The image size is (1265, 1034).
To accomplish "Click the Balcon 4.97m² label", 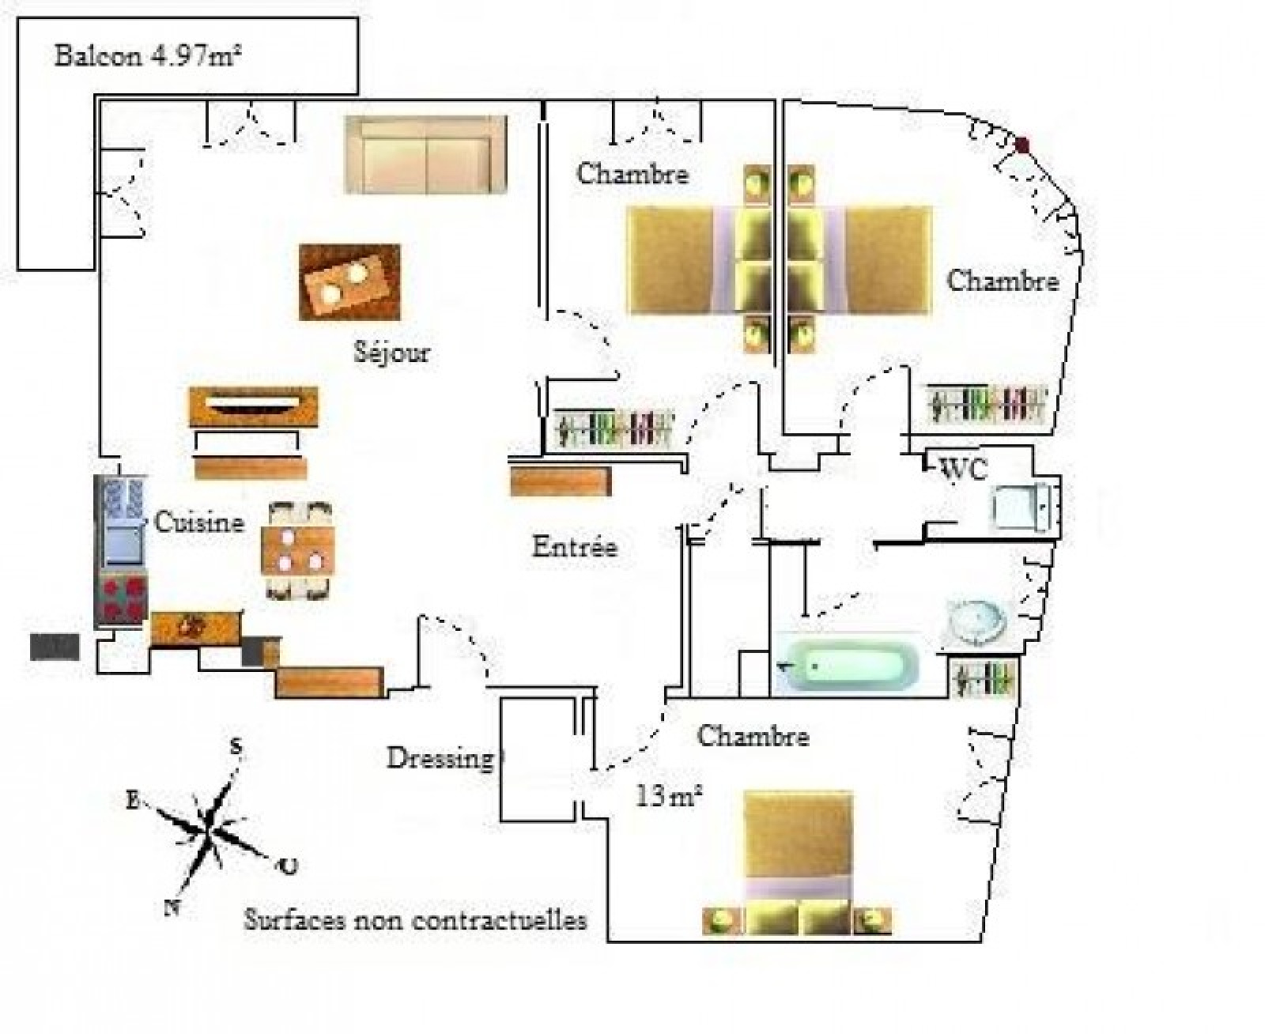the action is [148, 56].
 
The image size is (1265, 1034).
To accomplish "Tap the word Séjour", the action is [391, 352].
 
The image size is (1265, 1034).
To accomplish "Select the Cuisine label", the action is [199, 523].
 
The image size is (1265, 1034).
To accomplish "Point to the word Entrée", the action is [575, 546].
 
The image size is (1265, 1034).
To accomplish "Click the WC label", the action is [963, 469].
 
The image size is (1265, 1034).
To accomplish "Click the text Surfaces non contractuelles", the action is [415, 919].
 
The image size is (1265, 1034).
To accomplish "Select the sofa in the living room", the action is [426, 155].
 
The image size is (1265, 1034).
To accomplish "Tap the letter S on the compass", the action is [237, 747].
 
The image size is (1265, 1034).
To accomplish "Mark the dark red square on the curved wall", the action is [1022, 144].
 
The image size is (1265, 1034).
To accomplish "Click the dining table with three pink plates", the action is [298, 550].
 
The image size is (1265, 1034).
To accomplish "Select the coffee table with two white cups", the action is [349, 282].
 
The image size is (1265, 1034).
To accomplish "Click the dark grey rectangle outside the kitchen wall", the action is [55, 647].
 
